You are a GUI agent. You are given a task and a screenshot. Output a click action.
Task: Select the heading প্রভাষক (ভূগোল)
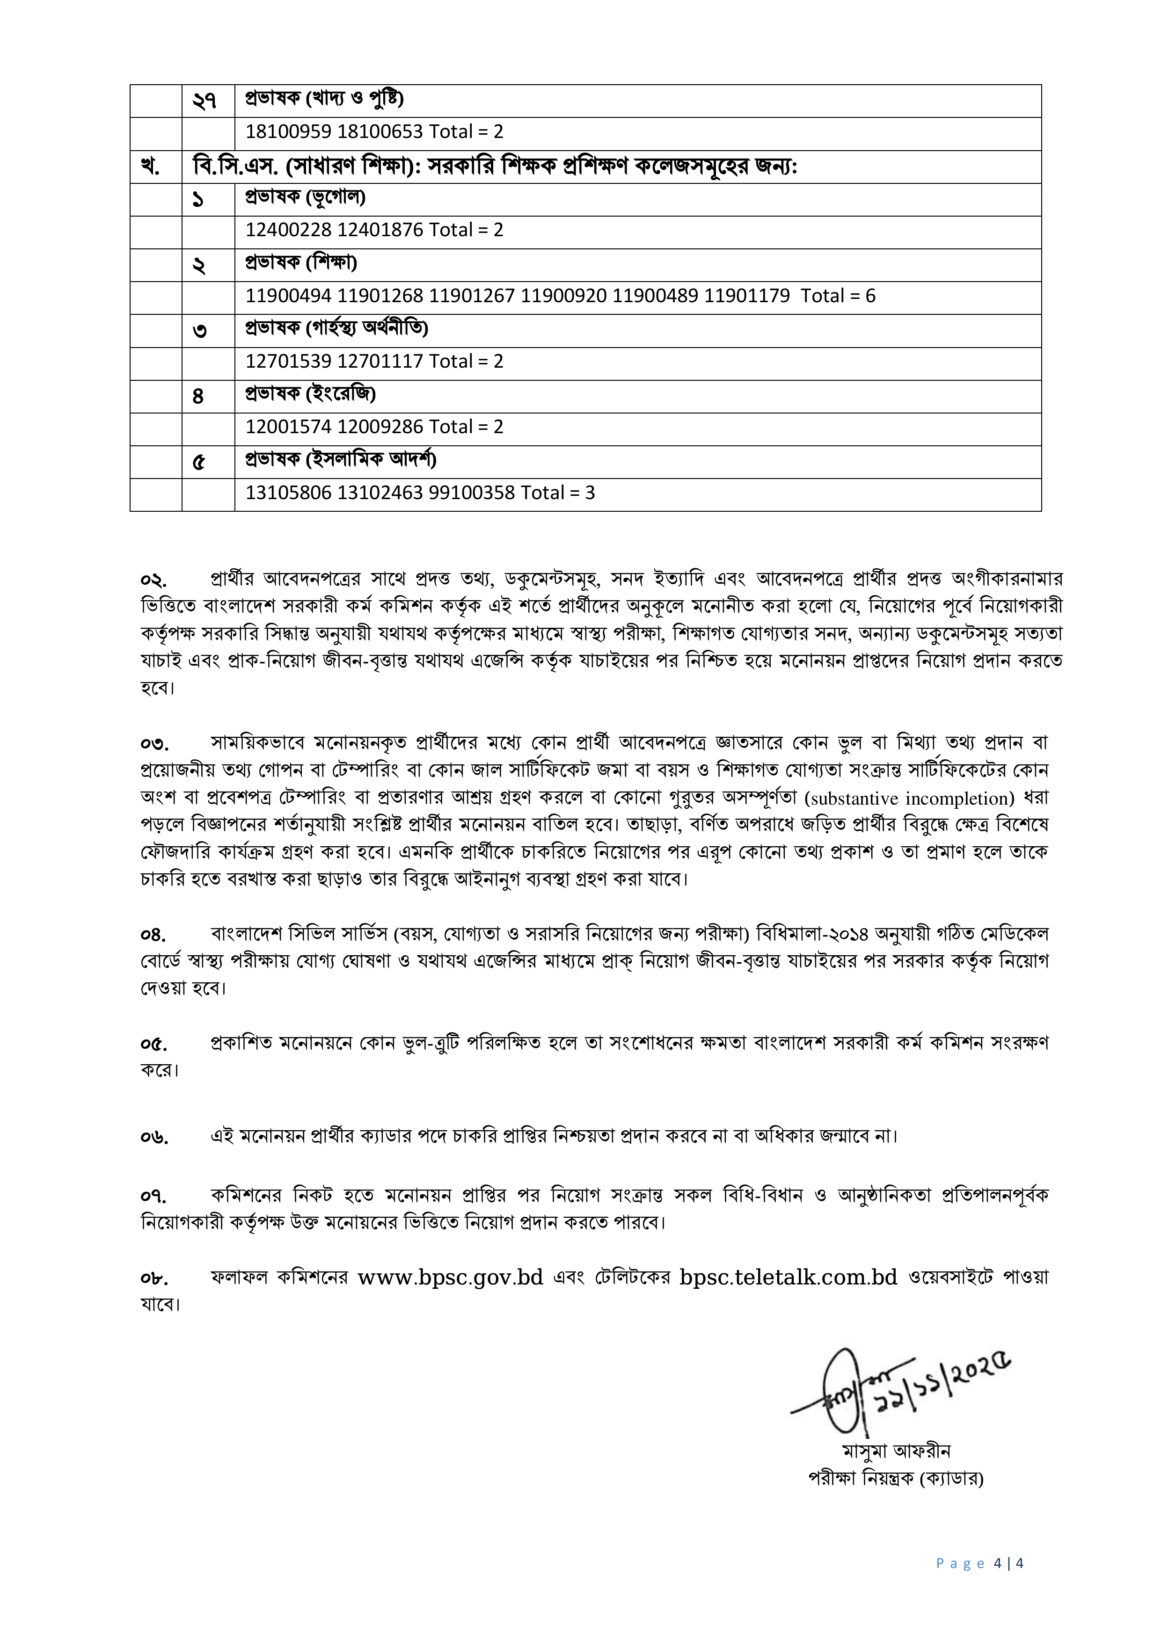tap(305, 197)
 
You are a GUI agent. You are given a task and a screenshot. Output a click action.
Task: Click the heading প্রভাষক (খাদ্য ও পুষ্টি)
tap(325, 99)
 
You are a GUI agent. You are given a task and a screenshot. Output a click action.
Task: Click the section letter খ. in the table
tap(150, 167)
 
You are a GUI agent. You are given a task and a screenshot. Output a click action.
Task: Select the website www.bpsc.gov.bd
tap(450, 1277)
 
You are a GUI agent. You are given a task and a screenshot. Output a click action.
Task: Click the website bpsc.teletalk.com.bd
tap(788, 1277)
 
